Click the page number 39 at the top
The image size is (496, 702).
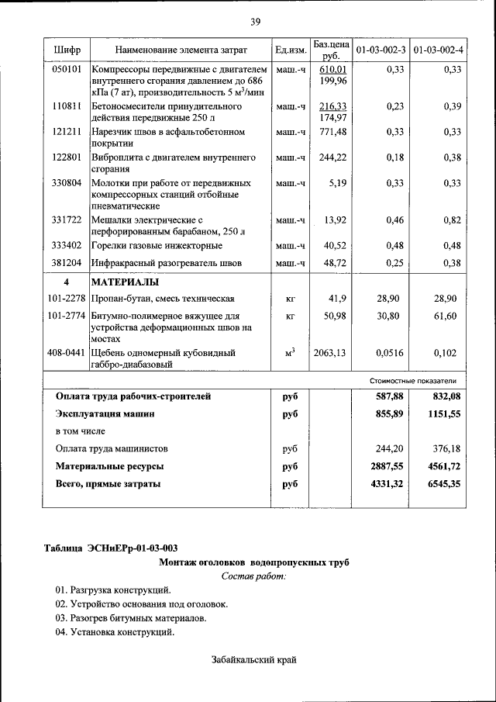click(x=255, y=21)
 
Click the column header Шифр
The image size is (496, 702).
click(x=67, y=50)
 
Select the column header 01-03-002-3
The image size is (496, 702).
click(x=380, y=50)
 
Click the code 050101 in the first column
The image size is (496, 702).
click(x=67, y=70)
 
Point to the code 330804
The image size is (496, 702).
click(x=67, y=184)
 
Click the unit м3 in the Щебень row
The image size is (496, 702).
click(x=291, y=352)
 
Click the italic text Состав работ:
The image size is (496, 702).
click(x=253, y=576)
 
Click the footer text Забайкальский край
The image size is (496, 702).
click(x=254, y=660)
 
